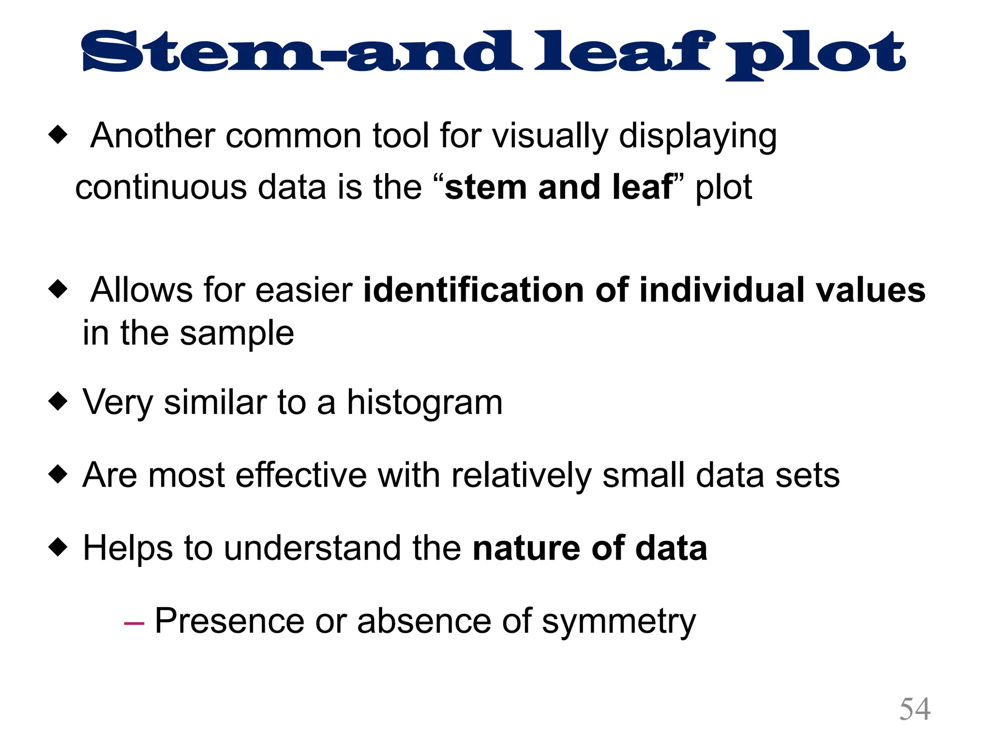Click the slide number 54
[x=915, y=709]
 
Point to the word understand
[x=313, y=549]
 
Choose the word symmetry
[x=618, y=622]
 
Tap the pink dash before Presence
[x=134, y=623]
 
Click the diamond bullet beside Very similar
[x=58, y=401]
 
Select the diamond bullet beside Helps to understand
[x=58, y=547]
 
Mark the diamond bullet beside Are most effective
[x=58, y=474]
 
